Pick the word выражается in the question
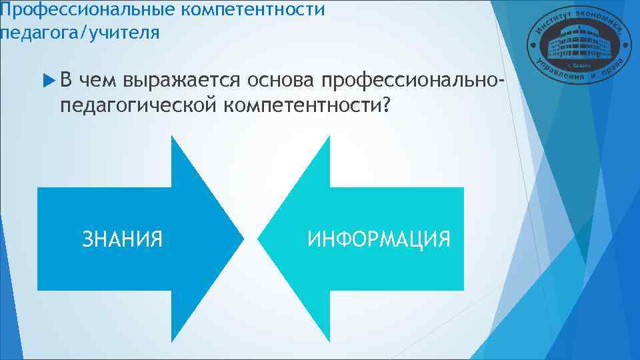click(182, 81)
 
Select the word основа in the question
click(281, 81)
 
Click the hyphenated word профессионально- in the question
click(411, 81)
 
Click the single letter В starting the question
click(67, 81)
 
